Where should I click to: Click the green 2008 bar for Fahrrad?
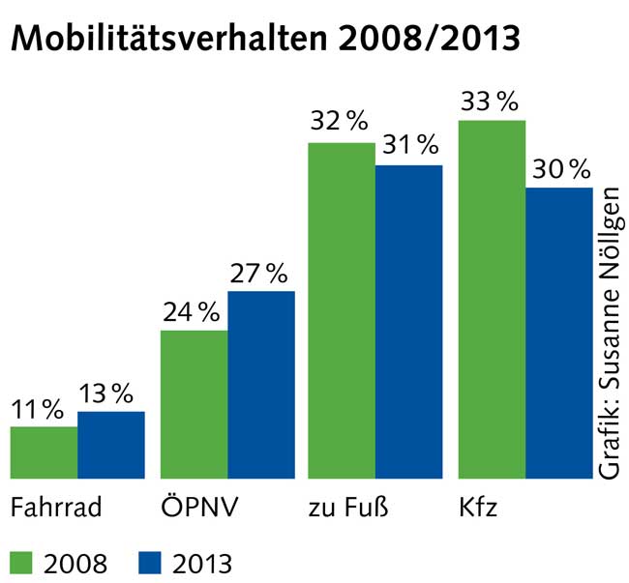coord(44,452)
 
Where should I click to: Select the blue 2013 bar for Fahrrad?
coord(111,445)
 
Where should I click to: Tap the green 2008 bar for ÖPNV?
coord(194,404)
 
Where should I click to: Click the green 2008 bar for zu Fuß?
coord(342,310)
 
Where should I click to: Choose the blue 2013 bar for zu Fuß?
coord(409,322)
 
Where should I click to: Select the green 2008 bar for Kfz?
coord(493,299)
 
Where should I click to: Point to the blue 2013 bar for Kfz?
coord(559,333)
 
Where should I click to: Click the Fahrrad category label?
coord(55,508)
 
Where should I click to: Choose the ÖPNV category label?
coord(198,508)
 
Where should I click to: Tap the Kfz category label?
coord(480,508)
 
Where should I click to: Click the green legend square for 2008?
coord(23,561)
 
